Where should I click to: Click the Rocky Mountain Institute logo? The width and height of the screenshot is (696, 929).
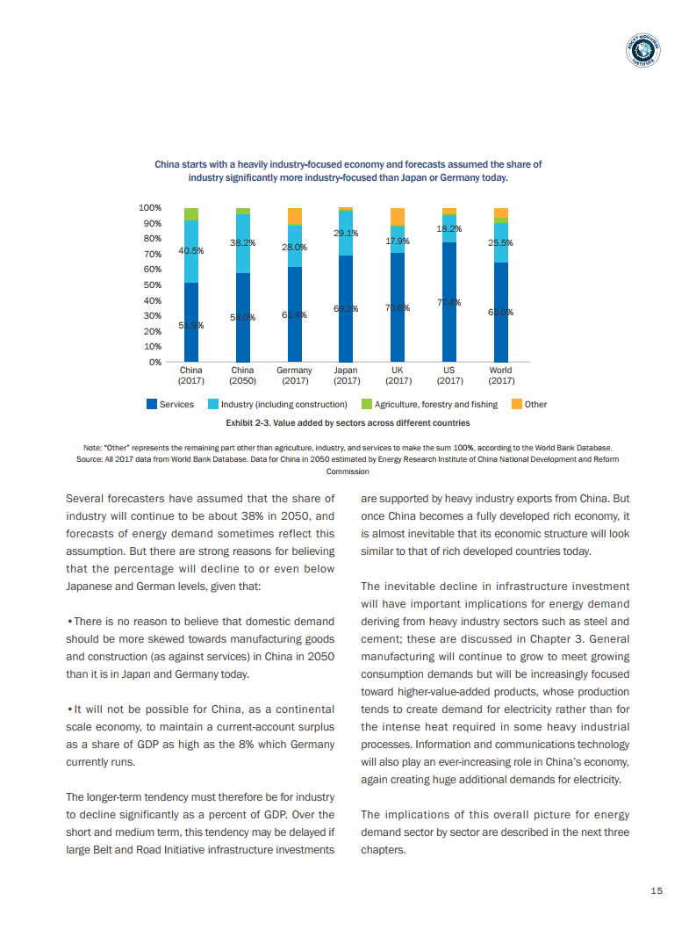click(643, 53)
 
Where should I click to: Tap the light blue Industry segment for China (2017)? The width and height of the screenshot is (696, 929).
click(191, 252)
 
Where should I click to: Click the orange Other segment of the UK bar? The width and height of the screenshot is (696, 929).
click(398, 216)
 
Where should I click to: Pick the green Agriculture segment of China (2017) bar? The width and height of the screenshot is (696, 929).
click(191, 214)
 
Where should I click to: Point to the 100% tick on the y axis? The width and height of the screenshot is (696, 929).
click(150, 208)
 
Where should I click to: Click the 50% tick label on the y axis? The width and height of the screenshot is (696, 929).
click(152, 285)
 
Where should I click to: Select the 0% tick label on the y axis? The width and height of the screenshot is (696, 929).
click(154, 362)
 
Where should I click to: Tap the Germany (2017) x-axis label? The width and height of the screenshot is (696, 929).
click(294, 376)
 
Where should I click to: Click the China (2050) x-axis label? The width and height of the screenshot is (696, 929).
click(242, 376)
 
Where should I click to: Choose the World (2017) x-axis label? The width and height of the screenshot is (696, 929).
click(501, 376)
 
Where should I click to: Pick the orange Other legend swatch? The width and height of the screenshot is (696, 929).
click(517, 405)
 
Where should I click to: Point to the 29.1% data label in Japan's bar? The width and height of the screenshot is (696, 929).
click(346, 234)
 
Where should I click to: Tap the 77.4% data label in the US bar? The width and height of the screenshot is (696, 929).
click(449, 303)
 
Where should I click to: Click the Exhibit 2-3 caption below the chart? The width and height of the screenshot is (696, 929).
click(348, 423)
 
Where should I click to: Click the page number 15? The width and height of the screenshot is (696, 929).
click(656, 891)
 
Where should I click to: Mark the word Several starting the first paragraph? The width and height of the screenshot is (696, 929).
click(89, 499)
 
